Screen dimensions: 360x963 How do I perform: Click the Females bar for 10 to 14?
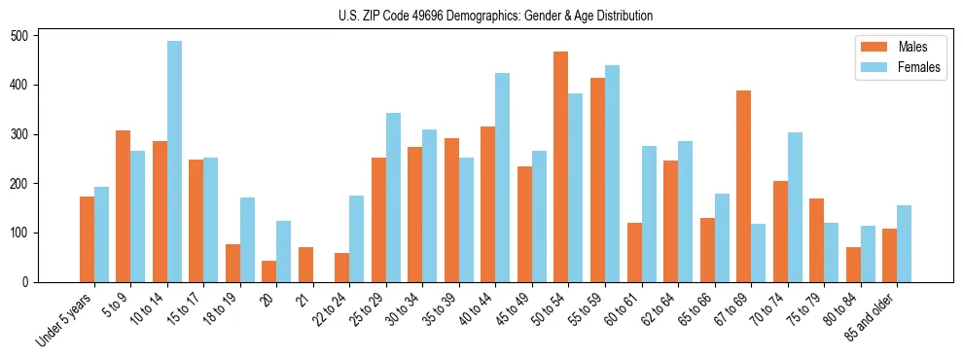click(x=174, y=162)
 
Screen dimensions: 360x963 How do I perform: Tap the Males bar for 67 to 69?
click(x=743, y=186)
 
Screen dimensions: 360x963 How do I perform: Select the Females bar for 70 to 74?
click(x=795, y=207)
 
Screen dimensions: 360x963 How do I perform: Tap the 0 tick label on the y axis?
click(x=31, y=282)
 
